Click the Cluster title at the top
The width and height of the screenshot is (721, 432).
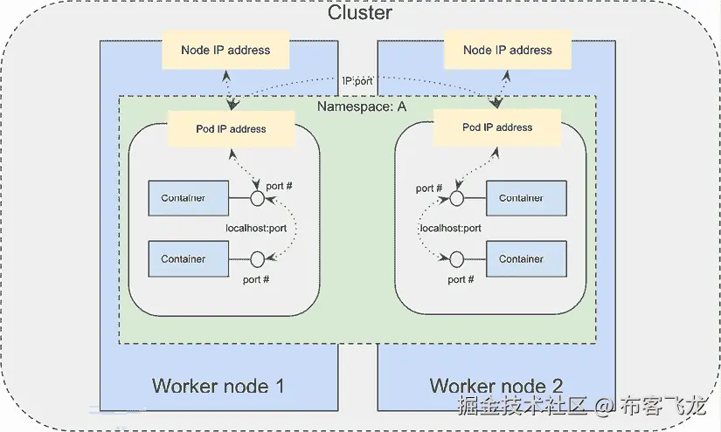click(359, 13)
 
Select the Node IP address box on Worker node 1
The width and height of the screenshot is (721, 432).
click(225, 51)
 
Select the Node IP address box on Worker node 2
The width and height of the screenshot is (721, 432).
click(508, 51)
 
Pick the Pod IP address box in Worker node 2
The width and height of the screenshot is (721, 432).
click(496, 127)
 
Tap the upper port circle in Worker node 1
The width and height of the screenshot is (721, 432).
click(258, 199)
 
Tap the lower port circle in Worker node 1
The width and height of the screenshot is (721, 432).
click(258, 259)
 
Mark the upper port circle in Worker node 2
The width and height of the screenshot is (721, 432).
click(455, 198)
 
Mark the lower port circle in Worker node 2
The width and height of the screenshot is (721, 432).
click(455, 259)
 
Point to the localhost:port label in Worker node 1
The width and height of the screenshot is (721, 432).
click(256, 229)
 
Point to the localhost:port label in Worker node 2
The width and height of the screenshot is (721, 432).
click(451, 229)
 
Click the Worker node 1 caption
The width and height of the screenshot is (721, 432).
click(218, 386)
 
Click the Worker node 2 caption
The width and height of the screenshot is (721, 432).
click(496, 386)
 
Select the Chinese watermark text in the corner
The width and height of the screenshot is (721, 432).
click(582, 406)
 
